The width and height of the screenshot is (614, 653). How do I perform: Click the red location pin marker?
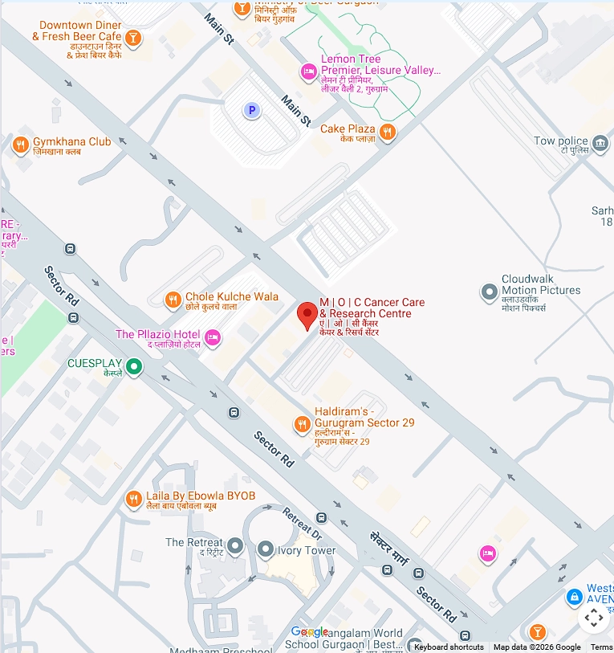307,315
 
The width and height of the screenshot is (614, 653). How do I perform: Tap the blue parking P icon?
252,110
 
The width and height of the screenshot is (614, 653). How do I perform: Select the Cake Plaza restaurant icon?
388,133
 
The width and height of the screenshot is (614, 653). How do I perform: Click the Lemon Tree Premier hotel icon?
308,72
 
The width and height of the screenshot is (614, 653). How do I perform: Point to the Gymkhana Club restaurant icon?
20,145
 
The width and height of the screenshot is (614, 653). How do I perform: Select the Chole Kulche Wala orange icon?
173,300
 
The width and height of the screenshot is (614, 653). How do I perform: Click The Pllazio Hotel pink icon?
213,337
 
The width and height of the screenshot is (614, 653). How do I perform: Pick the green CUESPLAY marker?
135,367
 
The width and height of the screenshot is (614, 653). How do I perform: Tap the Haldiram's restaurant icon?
302,425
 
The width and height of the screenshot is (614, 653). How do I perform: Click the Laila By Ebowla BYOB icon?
133,499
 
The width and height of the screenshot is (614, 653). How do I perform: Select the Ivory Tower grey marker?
266,549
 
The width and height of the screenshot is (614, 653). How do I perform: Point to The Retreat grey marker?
235,546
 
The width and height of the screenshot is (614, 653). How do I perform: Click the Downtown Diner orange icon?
133,37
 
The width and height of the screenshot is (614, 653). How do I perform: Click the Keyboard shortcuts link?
449,647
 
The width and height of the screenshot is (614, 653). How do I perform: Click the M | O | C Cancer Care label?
372,308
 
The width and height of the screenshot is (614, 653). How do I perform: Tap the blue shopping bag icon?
574,598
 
